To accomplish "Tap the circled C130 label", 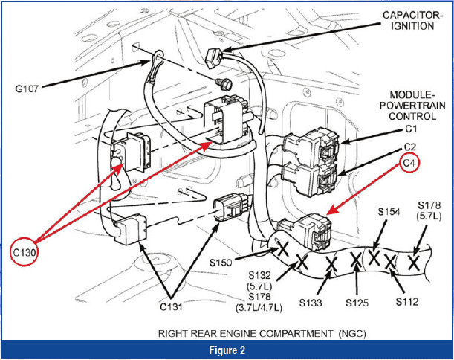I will tap(25, 252).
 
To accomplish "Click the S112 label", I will tap(406, 301).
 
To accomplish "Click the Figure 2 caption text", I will tap(226, 350).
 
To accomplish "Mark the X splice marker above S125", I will tap(356, 260).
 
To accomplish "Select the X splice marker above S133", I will tap(331, 263).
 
